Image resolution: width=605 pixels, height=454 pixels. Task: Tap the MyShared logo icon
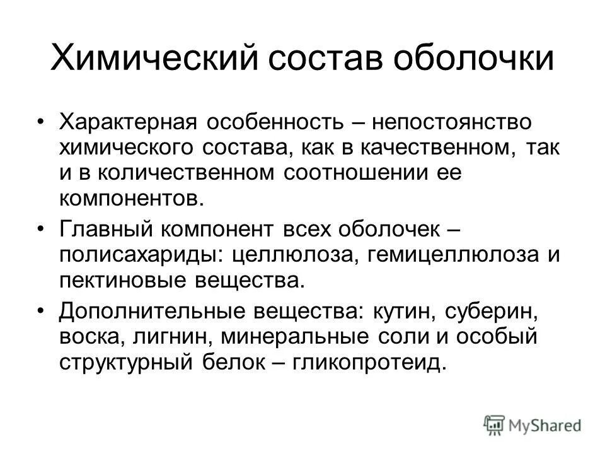coord(495,424)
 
